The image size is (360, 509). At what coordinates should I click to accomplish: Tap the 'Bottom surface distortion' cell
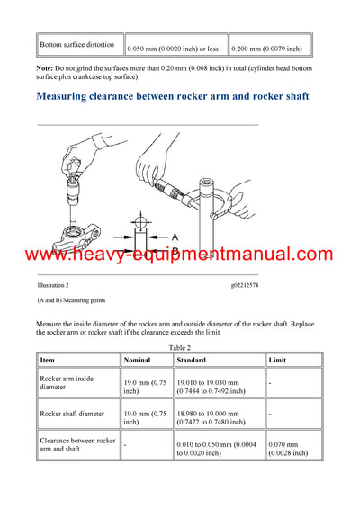[x=76, y=44]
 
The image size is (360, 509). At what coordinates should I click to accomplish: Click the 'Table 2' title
[x=180, y=345]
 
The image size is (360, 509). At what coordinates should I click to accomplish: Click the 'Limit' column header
[x=278, y=359]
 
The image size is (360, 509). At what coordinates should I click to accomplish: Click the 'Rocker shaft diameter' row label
[x=72, y=415]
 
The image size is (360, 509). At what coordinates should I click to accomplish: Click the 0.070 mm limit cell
[x=288, y=448]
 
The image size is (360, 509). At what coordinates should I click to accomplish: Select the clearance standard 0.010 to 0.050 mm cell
[x=216, y=448]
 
